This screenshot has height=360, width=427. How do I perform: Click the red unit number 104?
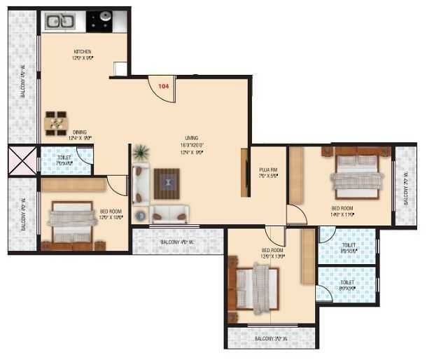click(x=164, y=86)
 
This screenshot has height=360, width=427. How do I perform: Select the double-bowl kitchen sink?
click(x=59, y=21)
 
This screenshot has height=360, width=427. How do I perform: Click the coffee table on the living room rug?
click(x=167, y=184)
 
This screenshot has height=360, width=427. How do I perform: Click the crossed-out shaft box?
click(x=22, y=160)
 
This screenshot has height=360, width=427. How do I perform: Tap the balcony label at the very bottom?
click(x=271, y=339)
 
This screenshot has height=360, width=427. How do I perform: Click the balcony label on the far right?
click(x=405, y=188)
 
